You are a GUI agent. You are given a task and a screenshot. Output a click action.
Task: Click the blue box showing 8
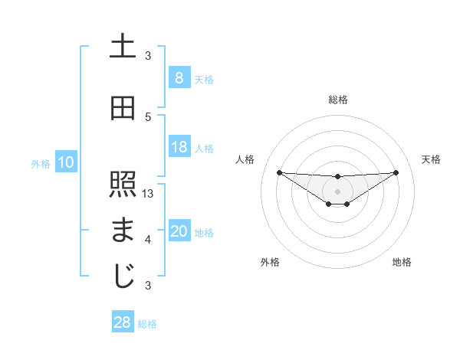179,77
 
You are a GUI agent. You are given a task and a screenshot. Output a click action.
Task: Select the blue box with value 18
179,147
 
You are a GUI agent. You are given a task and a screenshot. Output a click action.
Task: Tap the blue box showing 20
179,232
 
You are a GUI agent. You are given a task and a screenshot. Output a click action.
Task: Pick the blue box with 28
122,322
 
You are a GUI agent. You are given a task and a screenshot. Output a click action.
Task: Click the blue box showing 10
65,162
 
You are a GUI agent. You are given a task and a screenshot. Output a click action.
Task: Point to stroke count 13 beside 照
149,194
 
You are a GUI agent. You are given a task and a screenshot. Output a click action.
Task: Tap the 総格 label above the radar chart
337,100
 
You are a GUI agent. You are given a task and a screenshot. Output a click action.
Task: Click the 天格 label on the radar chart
432,159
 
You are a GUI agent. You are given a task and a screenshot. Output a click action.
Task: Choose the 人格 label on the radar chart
245,159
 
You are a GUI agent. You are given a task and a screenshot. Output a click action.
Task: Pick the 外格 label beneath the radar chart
270,262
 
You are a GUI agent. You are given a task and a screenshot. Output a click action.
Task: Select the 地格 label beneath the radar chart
402,262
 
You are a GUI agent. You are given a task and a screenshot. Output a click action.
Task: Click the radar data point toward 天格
396,172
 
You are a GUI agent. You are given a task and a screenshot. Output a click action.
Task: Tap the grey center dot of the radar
337,191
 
